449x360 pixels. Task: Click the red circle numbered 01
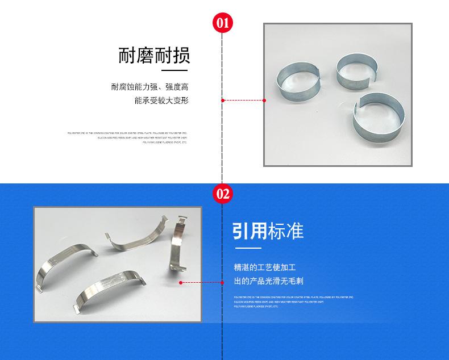click(222, 23)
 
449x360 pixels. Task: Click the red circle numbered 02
click(222, 194)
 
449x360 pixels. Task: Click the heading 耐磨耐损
click(154, 56)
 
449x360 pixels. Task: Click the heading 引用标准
click(268, 231)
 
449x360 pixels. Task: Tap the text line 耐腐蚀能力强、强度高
click(149, 87)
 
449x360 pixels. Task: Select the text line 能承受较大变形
click(161, 101)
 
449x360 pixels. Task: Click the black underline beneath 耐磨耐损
click(175, 71)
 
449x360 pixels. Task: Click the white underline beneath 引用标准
click(248, 248)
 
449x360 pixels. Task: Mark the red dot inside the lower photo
click(181, 282)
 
